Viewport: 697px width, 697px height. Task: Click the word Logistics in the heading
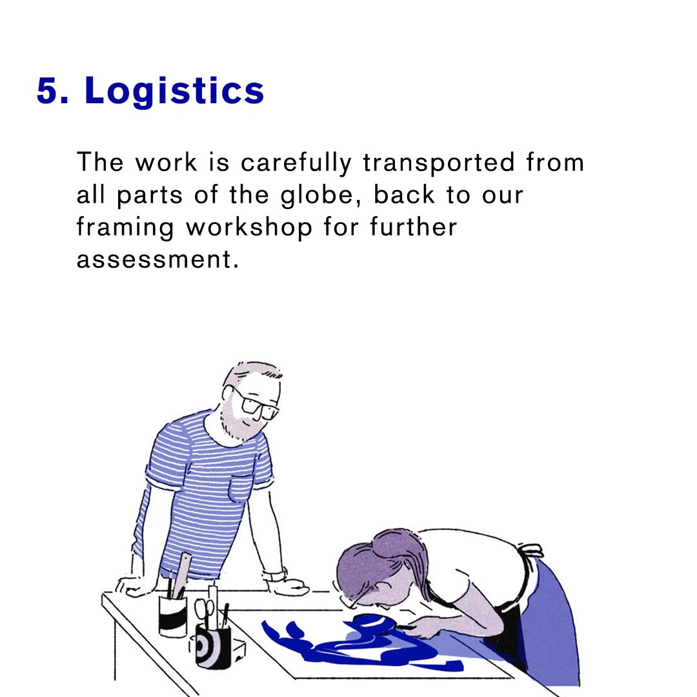click(x=174, y=92)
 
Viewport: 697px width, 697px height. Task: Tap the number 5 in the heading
click(x=48, y=91)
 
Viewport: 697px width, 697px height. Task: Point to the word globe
click(x=318, y=195)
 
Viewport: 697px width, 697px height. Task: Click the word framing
click(x=125, y=228)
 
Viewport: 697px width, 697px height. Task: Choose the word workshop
click(x=249, y=228)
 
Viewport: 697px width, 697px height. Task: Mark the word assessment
click(x=154, y=259)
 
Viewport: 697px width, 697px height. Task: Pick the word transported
click(x=439, y=163)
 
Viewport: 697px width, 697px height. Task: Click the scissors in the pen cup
click(x=205, y=611)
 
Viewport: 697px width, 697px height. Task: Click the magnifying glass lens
click(x=372, y=622)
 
